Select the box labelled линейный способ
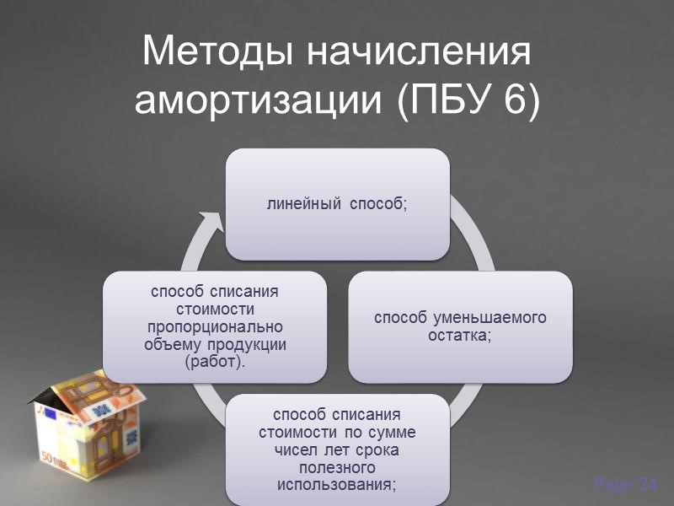click(337, 204)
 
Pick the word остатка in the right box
click(460, 335)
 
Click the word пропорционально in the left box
click(214, 326)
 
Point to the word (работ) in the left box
click(214, 363)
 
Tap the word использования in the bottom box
click(336, 486)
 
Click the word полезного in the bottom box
click(336, 468)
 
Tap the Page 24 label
click(625, 484)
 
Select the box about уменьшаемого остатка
click(460, 326)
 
